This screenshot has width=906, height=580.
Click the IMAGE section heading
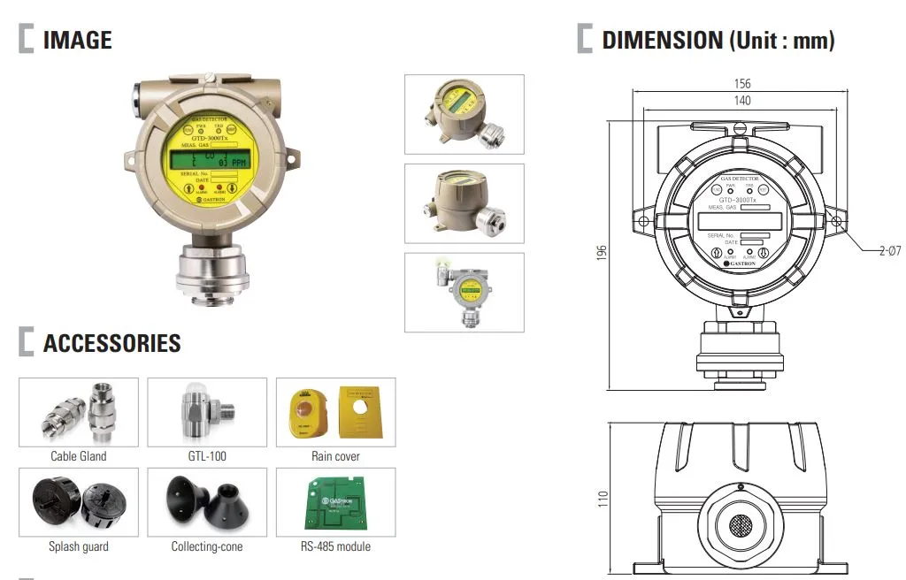click(x=77, y=40)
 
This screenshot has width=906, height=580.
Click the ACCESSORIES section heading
click(x=111, y=343)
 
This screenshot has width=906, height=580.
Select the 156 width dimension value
click(x=741, y=84)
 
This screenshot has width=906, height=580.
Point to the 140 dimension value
click(x=741, y=101)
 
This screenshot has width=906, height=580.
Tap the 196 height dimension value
click(x=602, y=254)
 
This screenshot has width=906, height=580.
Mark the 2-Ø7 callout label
click(x=888, y=252)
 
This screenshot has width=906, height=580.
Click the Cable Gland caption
click(x=78, y=456)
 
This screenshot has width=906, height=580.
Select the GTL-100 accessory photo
click(x=206, y=413)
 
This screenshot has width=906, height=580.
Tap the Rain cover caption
click(x=335, y=456)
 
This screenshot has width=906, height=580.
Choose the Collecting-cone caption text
click(x=206, y=546)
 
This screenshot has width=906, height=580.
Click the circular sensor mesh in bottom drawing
click(x=741, y=528)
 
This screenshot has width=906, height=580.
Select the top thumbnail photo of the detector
click(x=464, y=114)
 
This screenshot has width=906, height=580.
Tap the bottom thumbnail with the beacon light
click(x=464, y=293)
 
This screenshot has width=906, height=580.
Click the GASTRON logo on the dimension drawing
click(x=741, y=263)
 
